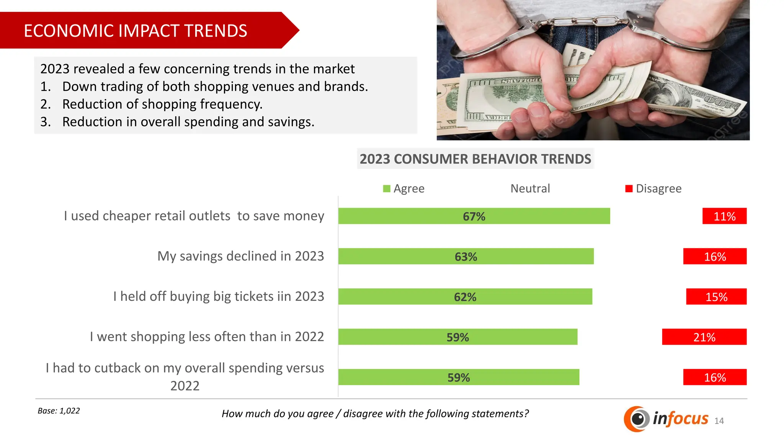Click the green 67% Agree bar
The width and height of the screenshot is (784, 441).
474,216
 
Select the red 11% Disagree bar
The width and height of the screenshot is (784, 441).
724,216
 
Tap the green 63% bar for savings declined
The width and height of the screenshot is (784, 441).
466,256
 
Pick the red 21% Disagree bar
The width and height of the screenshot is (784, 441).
704,337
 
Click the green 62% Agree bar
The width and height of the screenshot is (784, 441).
465,297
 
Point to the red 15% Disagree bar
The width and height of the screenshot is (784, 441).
716,297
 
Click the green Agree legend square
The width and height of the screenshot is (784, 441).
387,189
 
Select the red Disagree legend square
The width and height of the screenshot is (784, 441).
629,189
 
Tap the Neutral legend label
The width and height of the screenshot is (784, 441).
530,189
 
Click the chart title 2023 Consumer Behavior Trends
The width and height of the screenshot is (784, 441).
475,159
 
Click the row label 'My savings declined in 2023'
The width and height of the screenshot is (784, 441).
240,256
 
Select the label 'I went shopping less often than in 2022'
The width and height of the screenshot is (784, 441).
207,337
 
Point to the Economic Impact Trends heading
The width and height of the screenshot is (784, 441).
136,31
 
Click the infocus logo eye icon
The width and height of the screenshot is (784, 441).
637,419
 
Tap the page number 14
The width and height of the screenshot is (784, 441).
719,421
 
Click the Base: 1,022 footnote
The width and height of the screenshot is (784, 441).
59,411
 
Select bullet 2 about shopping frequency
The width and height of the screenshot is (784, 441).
162,104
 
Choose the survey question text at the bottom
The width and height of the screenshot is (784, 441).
375,414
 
